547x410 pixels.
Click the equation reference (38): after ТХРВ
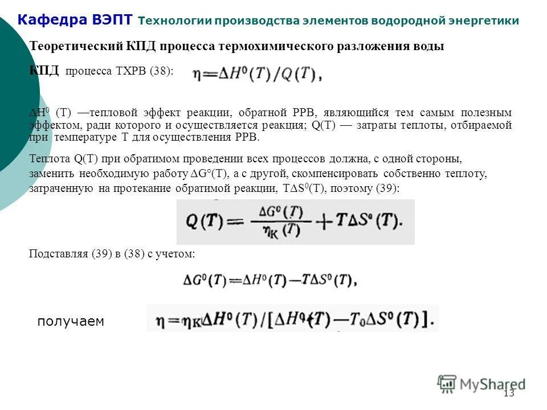161,72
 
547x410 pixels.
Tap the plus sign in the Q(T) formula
324,222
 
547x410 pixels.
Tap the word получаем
71,322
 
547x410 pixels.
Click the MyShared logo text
493,384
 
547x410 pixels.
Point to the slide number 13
509,393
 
